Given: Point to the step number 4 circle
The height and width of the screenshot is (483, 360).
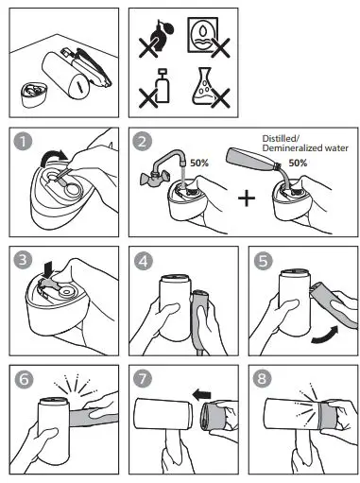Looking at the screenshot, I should coord(142,259).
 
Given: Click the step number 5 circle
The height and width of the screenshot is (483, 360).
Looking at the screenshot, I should coord(261,259).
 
